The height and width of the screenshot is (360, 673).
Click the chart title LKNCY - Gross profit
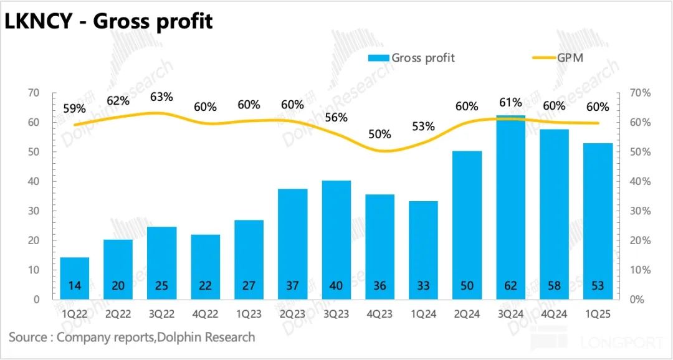[x=109, y=21]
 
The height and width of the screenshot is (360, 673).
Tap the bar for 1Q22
[x=74, y=278]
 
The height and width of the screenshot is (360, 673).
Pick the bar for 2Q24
[x=467, y=225]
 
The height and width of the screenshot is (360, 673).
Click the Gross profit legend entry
[x=412, y=58]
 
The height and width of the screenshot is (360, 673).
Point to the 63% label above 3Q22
[x=161, y=97]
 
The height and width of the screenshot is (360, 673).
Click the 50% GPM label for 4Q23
[x=379, y=135]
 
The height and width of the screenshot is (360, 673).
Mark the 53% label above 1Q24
[x=423, y=126]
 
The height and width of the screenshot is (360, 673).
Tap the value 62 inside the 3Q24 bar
[x=511, y=286]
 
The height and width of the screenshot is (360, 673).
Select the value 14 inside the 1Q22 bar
[x=74, y=286]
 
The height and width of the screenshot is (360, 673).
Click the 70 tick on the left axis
[x=34, y=93]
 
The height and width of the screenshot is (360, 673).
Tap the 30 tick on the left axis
[x=34, y=211]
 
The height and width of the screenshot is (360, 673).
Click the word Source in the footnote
[x=29, y=337]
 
